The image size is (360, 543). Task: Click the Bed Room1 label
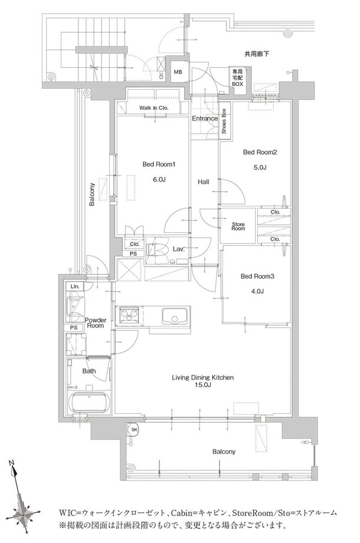click(x=159, y=164)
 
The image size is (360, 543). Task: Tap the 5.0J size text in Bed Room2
click(x=260, y=168)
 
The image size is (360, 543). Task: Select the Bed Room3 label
click(x=257, y=276)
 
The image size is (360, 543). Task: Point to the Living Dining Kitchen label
click(x=202, y=378)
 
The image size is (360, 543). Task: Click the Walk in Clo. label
click(x=153, y=107)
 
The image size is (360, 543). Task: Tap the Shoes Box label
click(x=224, y=121)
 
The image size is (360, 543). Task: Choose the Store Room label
click(x=238, y=227)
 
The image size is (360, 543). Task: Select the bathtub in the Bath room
click(x=89, y=403)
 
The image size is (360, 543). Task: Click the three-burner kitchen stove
click(x=129, y=316)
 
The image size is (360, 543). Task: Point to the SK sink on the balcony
click(x=133, y=430)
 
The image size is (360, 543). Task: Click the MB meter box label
click(x=178, y=72)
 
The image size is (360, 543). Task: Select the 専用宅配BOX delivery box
click(x=237, y=77)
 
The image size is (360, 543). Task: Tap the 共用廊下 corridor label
click(x=257, y=54)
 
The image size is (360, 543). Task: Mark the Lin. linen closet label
click(x=75, y=286)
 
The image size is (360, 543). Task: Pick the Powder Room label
click(x=95, y=323)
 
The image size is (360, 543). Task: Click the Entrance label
click(x=205, y=119)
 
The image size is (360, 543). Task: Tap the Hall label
click(x=203, y=181)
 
